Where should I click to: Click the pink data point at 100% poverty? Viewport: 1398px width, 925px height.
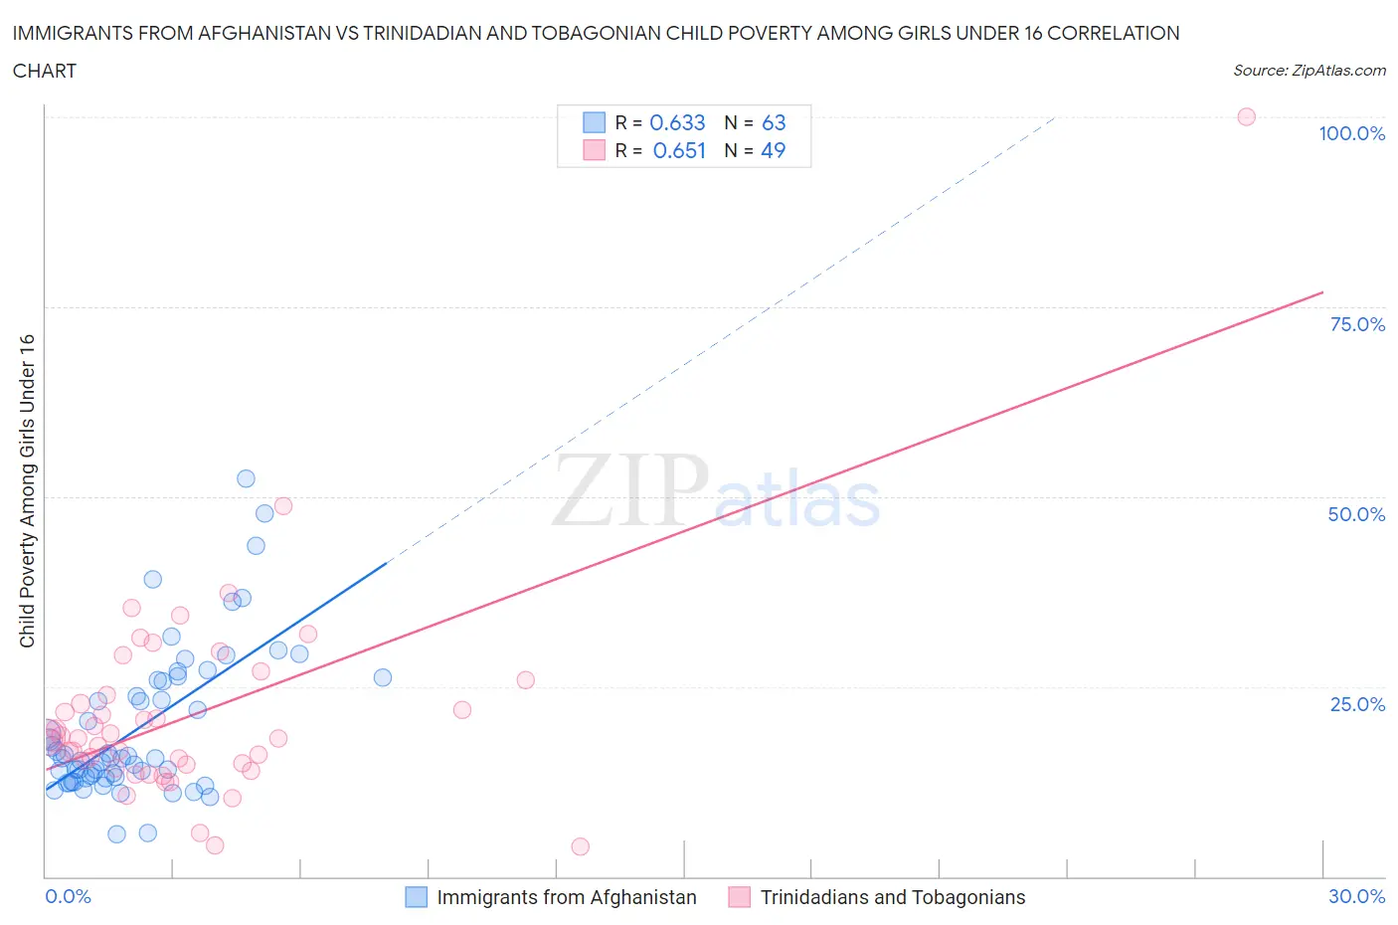(1246, 116)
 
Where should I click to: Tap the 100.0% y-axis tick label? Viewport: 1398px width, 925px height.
(1351, 133)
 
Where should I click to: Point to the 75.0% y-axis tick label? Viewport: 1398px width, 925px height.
(1357, 324)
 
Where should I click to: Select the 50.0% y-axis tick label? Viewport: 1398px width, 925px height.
(1356, 514)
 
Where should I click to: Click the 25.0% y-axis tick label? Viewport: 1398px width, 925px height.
(1357, 704)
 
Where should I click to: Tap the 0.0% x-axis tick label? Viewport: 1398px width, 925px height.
(68, 896)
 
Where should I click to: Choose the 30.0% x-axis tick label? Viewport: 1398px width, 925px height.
(1356, 896)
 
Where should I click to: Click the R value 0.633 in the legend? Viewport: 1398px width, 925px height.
(677, 122)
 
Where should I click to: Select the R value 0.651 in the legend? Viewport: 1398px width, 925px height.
(679, 150)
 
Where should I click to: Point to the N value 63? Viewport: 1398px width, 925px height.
(774, 122)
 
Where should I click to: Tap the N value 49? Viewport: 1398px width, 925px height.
(773, 150)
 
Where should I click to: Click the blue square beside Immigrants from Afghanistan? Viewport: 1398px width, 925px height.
(417, 897)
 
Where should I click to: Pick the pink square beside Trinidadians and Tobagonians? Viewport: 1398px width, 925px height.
(739, 897)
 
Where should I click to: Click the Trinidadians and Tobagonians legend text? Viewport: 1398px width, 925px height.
(892, 897)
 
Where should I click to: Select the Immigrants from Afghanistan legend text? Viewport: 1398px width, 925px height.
(567, 897)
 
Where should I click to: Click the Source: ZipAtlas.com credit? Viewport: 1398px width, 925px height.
(1309, 70)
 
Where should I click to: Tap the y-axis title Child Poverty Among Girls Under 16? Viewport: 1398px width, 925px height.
(28, 490)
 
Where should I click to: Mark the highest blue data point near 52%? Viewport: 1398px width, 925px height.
(246, 478)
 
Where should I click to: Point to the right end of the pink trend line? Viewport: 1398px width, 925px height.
(1322, 292)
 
